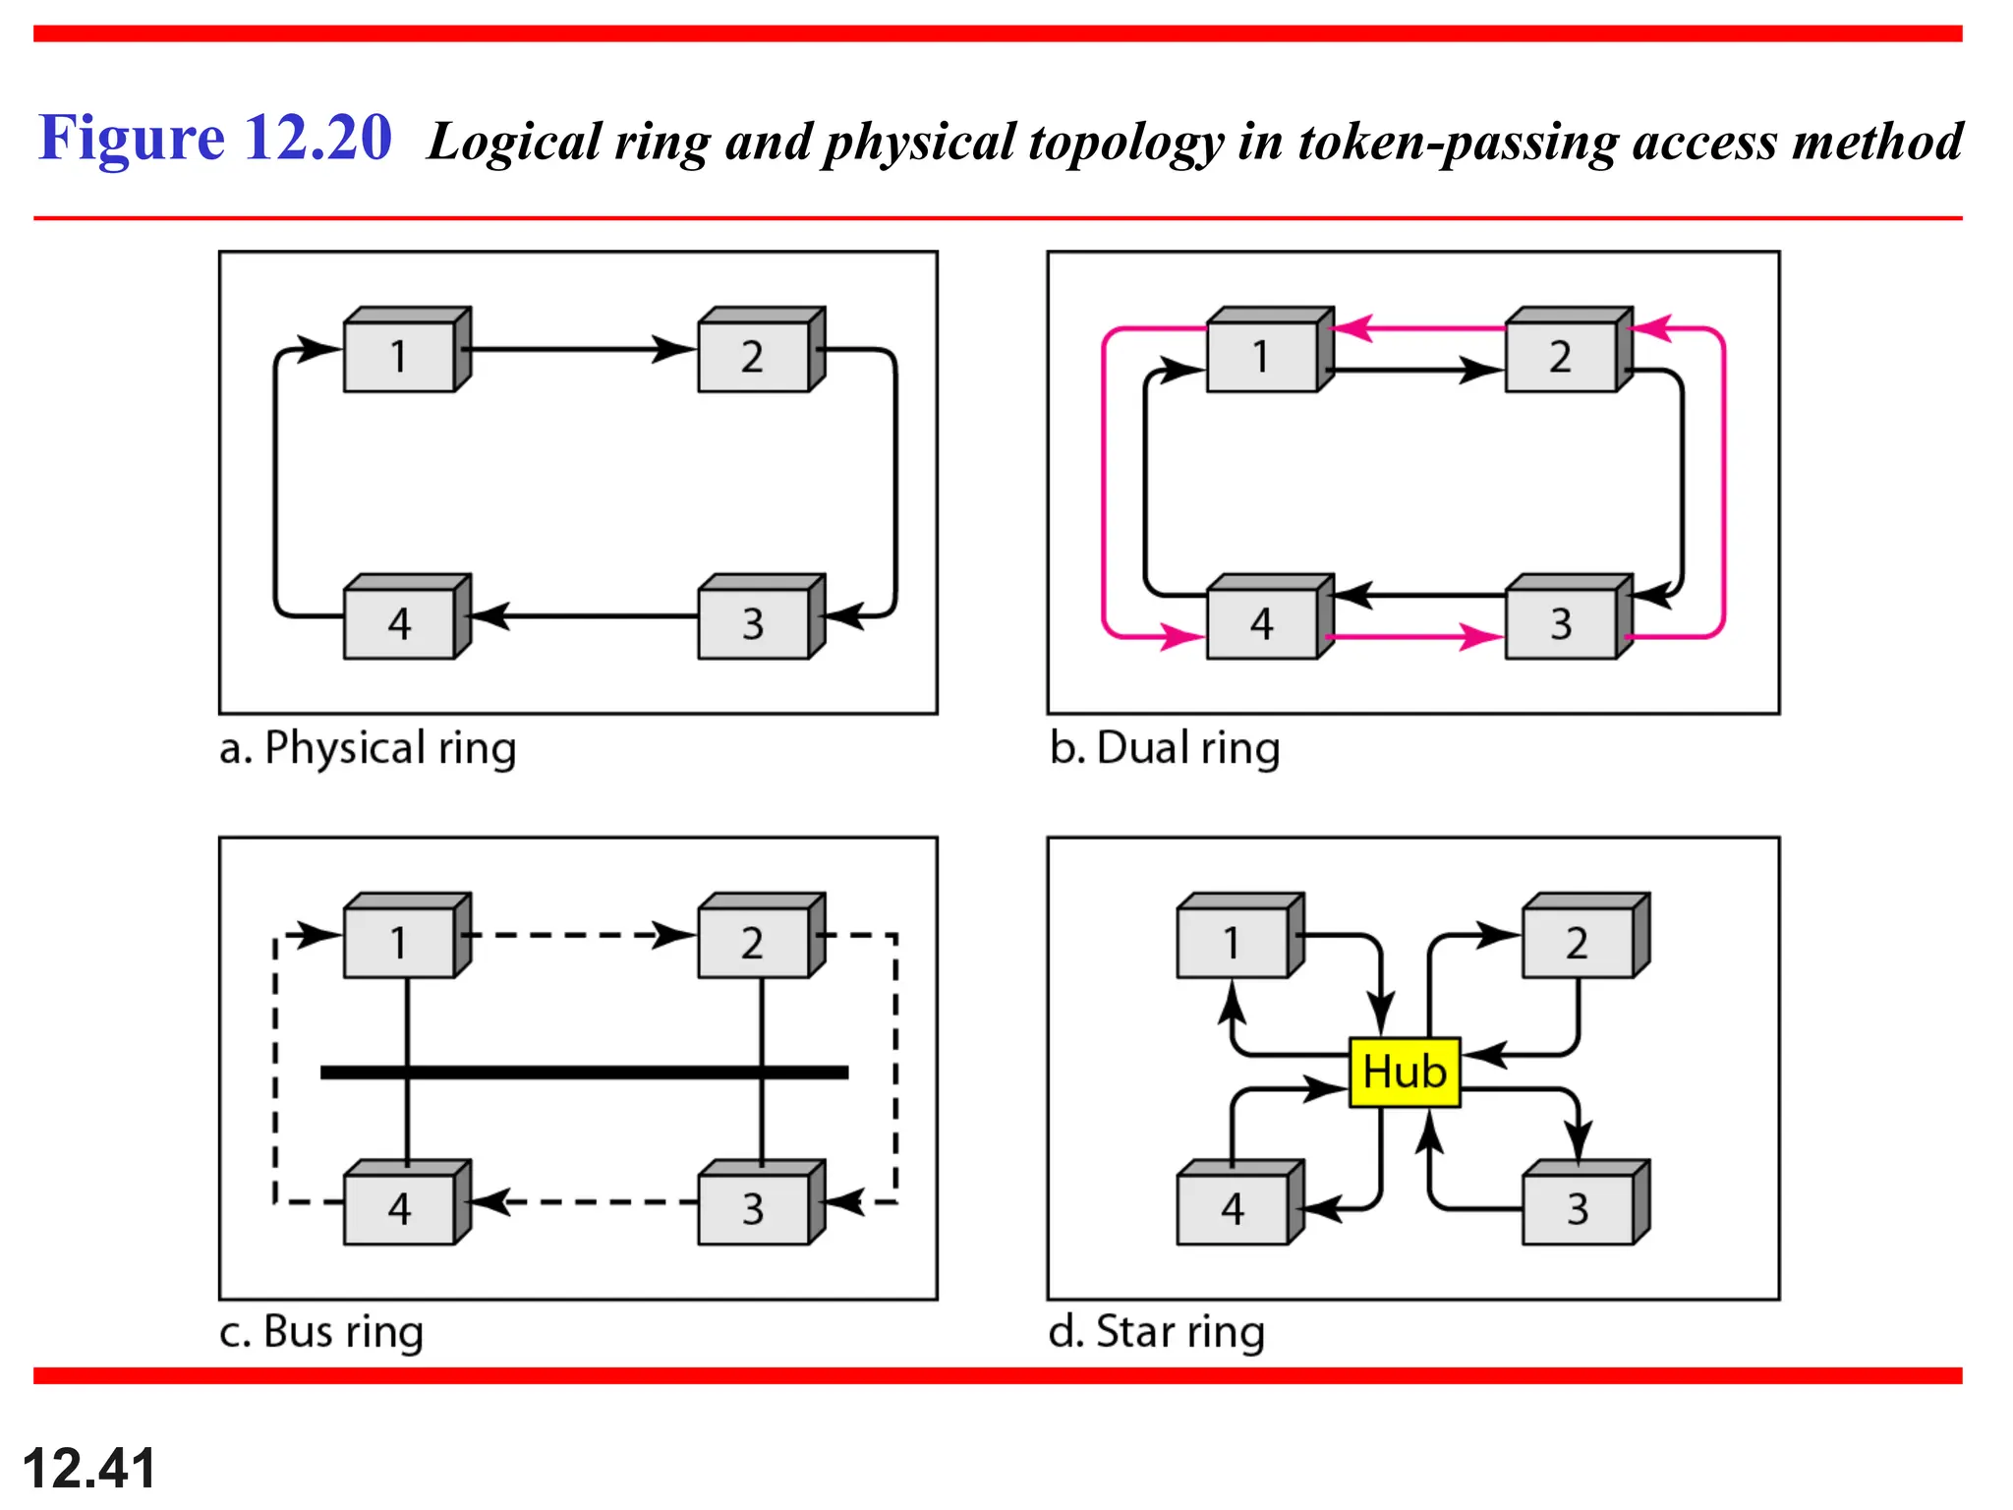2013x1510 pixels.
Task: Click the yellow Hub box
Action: [1404, 1072]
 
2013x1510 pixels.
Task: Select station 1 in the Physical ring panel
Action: [400, 356]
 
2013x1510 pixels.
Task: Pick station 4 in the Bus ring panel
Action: [400, 1208]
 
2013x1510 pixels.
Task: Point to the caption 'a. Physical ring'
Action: [368, 748]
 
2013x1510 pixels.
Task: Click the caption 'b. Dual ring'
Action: [1165, 748]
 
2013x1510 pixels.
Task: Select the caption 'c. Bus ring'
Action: [321, 1332]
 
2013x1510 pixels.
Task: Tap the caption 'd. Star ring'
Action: [1157, 1332]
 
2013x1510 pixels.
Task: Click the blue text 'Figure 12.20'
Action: [215, 138]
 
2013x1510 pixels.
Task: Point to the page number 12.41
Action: [89, 1468]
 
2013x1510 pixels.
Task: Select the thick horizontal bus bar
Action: [584, 1072]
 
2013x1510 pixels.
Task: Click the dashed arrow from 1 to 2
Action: [580, 935]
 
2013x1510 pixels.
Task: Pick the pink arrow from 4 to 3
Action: [1415, 637]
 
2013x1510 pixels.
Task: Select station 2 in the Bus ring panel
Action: [754, 943]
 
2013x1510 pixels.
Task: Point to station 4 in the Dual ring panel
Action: [1262, 623]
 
